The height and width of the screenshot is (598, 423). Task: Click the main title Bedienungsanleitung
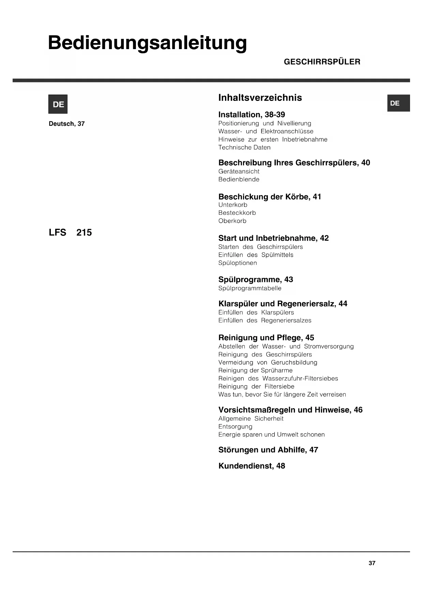[147, 43]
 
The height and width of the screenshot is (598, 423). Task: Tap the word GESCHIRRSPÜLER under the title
[322, 62]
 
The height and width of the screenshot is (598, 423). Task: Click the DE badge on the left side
[58, 104]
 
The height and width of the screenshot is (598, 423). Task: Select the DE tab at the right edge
[398, 103]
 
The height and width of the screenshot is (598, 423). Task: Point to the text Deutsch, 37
[67, 124]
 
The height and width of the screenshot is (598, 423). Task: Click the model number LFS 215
[70, 233]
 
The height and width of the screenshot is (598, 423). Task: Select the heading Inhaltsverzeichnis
[260, 98]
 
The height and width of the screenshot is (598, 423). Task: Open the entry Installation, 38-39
[252, 115]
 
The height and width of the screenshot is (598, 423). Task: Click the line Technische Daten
[244, 148]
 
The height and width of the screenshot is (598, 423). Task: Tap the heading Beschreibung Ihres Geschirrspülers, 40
[294, 163]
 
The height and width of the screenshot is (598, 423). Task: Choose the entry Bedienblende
[239, 179]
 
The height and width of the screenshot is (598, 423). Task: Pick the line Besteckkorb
[237, 213]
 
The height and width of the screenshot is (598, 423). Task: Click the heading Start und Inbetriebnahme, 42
[273, 238]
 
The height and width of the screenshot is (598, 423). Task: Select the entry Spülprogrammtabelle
[250, 288]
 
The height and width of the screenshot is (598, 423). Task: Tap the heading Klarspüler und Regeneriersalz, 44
[283, 304]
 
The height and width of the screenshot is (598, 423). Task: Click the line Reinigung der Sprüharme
[255, 371]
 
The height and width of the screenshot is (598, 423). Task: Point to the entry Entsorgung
[235, 427]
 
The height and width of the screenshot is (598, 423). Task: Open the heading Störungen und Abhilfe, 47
[268, 450]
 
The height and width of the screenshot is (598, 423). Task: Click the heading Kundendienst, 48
[252, 466]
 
